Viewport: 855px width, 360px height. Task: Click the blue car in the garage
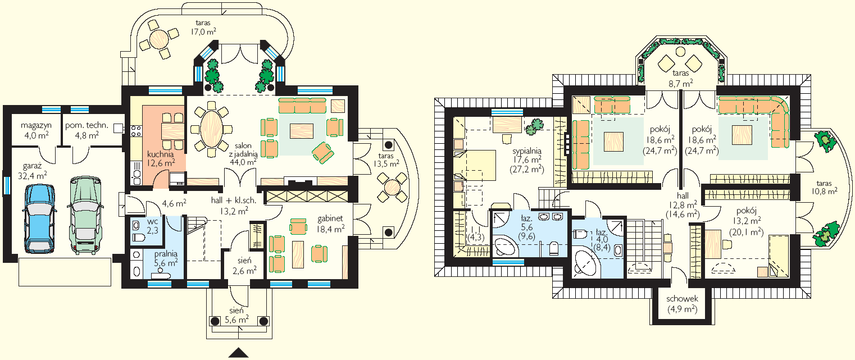point(40,218)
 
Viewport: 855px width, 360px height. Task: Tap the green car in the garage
point(85,215)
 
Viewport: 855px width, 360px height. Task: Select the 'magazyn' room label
point(37,125)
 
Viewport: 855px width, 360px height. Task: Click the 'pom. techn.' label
point(87,125)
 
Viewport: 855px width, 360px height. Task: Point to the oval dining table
point(211,129)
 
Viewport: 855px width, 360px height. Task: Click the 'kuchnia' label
point(160,154)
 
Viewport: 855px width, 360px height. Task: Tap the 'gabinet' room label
point(330,218)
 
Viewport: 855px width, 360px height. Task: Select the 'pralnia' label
point(166,254)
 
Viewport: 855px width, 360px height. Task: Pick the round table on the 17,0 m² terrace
point(159,39)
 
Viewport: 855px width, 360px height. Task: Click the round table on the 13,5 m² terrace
point(392,188)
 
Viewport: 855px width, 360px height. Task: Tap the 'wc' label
point(152,222)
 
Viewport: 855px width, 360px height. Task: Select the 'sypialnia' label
point(527,151)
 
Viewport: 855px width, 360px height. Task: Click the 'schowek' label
point(682,299)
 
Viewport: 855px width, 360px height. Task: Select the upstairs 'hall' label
point(683,195)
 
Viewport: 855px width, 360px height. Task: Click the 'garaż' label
point(32,166)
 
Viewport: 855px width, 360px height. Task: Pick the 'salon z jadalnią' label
point(243,149)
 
